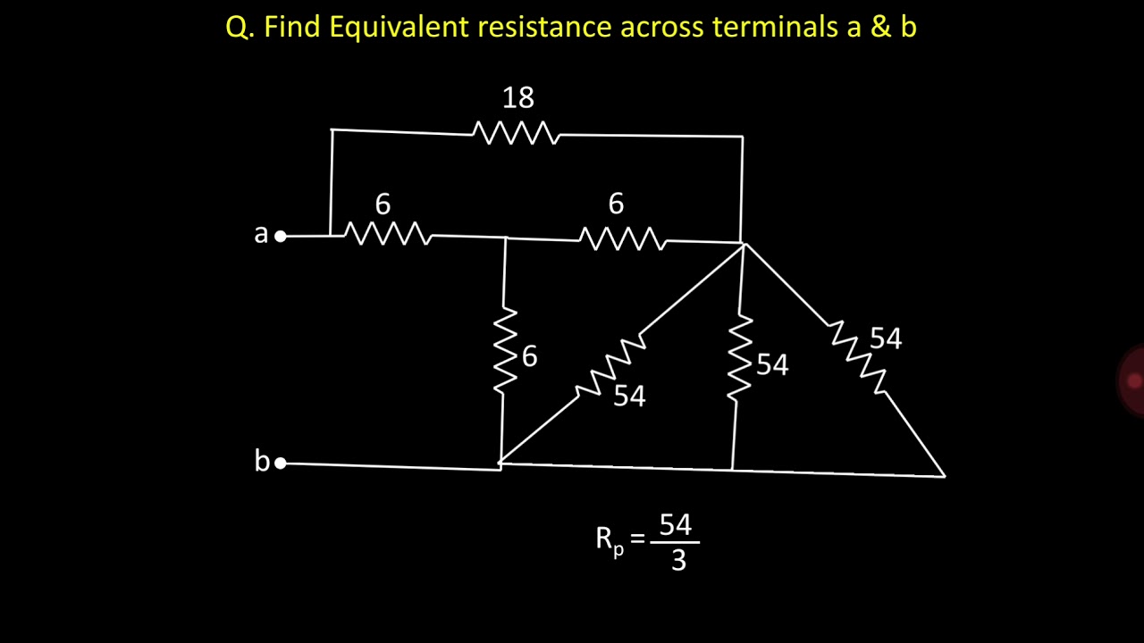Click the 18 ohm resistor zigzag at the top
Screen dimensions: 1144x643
516,133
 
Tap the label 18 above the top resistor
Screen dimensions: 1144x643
517,97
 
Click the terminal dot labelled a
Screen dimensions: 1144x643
281,237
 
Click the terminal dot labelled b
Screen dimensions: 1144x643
281,463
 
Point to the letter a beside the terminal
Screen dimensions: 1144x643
261,234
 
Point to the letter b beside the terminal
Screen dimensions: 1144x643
262,460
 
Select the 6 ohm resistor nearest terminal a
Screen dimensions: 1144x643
388,234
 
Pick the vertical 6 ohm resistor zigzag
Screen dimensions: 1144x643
505,350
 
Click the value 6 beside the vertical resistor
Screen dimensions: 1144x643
530,355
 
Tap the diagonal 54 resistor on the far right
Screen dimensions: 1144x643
859,357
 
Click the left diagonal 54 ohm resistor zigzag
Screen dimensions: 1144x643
611,364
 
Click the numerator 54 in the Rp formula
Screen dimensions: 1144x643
675,524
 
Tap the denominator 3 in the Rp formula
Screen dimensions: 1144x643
678,560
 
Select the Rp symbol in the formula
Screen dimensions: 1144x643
610,542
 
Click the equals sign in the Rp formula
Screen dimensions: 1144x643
637,538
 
